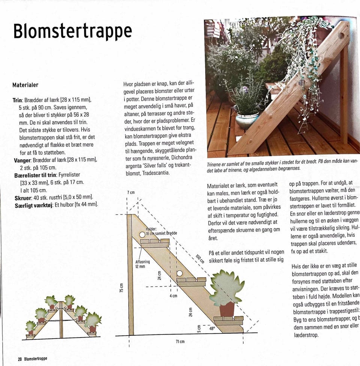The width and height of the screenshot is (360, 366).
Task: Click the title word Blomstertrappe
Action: [x=73, y=31]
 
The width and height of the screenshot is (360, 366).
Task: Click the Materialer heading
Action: [x=25, y=85]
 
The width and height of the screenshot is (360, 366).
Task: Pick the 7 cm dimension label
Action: [x=131, y=192]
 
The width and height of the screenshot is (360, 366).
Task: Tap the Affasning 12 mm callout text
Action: [x=142, y=264]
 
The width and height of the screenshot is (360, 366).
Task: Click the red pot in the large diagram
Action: [x=227, y=309]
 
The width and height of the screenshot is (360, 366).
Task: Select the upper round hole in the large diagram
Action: [x=142, y=235]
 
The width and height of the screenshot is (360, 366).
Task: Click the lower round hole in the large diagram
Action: [x=180, y=273]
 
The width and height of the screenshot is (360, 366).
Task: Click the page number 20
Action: [x=20, y=358]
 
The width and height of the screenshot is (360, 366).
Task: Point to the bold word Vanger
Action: [x=22, y=160]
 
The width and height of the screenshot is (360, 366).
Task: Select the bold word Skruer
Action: [x=23, y=197]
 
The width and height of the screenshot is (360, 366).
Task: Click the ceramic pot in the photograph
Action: [x=247, y=120]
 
